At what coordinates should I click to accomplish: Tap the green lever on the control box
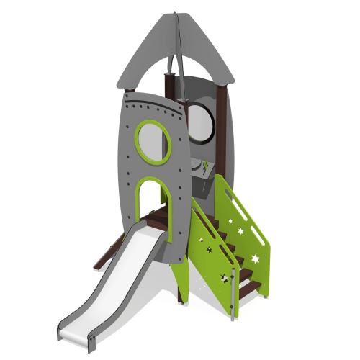coord(206,166)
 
